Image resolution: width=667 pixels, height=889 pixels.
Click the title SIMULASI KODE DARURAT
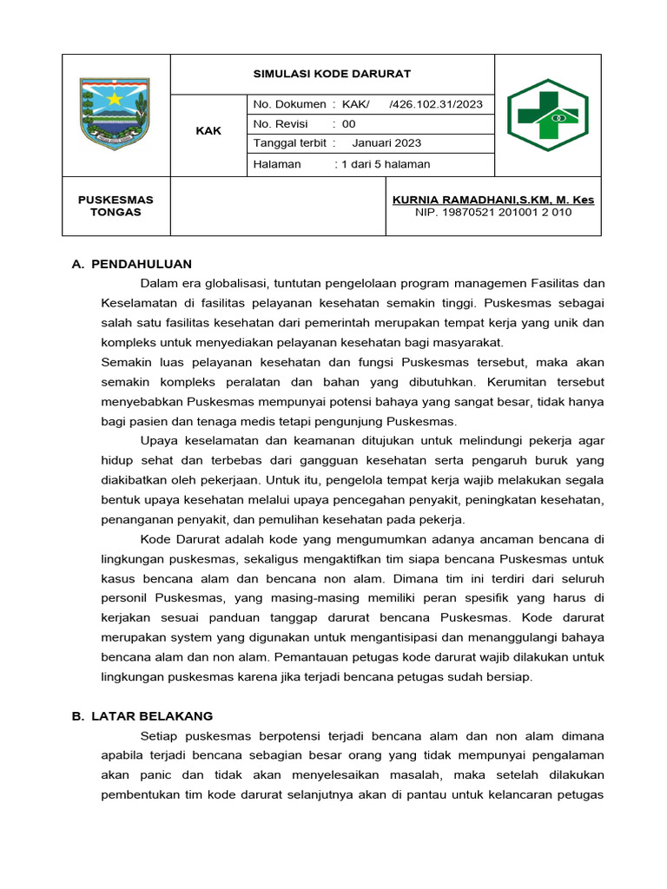(332, 74)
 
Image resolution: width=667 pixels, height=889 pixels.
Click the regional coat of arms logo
(115, 114)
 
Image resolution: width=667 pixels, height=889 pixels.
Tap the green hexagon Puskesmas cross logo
(547, 114)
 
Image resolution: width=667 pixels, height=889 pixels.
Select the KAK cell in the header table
(208, 131)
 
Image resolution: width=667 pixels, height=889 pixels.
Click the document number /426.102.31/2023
(436, 104)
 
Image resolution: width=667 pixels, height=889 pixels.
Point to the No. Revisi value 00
(348, 124)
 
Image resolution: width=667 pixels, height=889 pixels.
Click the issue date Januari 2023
(387, 143)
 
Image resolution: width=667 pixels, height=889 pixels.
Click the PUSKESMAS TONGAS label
(116, 206)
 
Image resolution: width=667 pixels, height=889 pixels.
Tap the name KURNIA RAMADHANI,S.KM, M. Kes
(492, 200)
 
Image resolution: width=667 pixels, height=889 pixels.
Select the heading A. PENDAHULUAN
(132, 264)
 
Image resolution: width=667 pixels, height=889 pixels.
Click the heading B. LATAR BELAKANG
(142, 716)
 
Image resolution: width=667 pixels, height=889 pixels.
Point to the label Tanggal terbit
(289, 143)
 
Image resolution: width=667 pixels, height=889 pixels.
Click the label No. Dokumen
(289, 104)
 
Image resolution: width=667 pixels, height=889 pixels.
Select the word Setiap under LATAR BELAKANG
(159, 736)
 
